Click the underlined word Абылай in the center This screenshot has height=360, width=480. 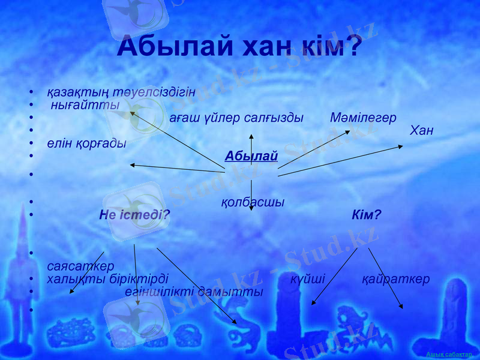click(251, 157)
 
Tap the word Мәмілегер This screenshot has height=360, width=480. click(363, 118)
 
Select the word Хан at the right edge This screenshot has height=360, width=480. click(421, 130)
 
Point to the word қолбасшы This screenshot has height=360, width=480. click(253, 202)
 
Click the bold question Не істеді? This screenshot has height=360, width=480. click(134, 214)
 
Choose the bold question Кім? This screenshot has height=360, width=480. click(367, 214)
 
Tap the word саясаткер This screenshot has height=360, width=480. click(80, 265)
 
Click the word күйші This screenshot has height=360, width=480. click(308, 279)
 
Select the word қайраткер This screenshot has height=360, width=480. click(396, 279)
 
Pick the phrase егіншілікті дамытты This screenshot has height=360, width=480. click(194, 292)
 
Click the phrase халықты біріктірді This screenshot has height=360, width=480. click(107, 279)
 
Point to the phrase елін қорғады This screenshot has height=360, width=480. click(86, 143)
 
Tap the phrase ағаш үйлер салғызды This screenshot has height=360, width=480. click(236, 118)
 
